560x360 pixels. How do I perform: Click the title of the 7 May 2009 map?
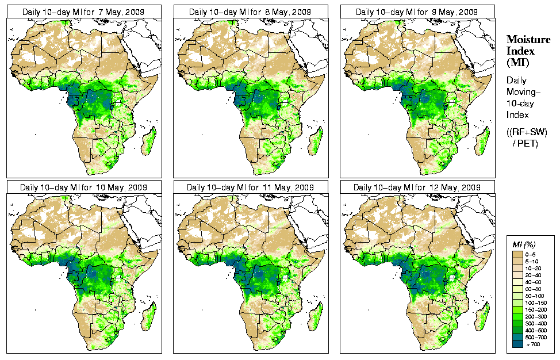84,12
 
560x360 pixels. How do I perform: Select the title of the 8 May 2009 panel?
251,12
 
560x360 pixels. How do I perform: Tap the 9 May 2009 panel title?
417,12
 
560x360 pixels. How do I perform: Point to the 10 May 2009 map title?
84,187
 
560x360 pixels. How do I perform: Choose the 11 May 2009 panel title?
251,187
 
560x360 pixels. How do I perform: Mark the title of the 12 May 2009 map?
417,187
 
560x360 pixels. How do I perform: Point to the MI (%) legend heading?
523,246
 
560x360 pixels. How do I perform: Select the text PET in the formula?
530,143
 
